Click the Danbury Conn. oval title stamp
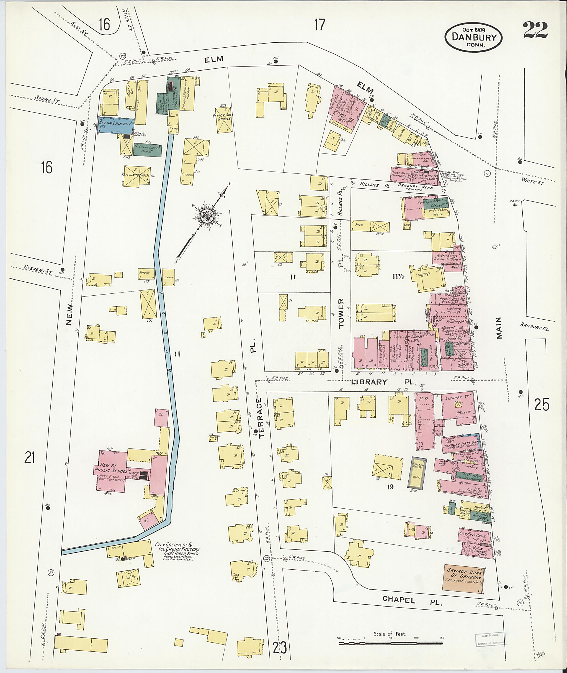[x=473, y=37]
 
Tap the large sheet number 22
[x=535, y=30]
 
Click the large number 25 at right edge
[x=542, y=405]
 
